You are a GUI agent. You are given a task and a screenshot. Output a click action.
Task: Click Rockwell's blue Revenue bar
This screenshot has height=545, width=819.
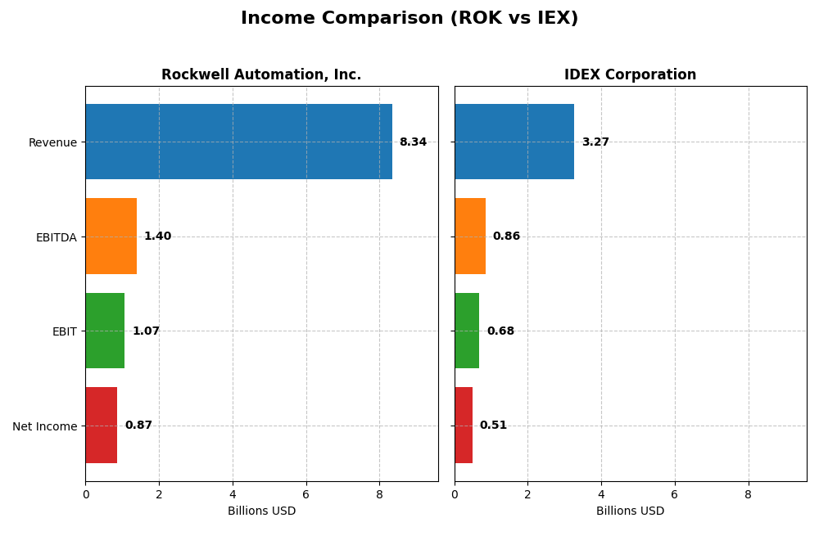coord(238,142)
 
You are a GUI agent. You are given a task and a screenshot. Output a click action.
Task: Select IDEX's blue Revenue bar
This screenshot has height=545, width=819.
coord(514,142)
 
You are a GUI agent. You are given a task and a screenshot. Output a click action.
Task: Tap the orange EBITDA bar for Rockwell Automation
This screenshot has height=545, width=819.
coord(111,236)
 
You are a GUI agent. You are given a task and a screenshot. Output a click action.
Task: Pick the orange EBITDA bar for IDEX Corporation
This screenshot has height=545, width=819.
coord(469,236)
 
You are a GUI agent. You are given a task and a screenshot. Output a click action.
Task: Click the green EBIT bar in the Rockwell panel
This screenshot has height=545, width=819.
coord(105,331)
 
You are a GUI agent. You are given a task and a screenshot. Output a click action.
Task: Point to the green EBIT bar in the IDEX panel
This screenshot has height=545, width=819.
coord(466,331)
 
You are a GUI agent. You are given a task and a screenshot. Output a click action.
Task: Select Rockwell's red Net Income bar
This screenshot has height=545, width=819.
coord(101,426)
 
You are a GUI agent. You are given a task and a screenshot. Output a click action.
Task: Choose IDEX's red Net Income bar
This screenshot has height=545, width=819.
coord(463,426)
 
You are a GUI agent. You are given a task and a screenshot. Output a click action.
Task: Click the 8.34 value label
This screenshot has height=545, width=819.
coord(413,142)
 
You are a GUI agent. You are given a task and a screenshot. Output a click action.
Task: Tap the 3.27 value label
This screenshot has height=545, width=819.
coord(595,142)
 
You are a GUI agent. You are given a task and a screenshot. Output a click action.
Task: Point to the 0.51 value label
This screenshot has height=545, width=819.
coord(493,426)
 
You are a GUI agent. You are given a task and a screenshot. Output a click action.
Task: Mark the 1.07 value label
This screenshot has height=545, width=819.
coord(146,331)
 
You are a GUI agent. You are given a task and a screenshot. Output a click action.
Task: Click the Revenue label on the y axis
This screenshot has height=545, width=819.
coord(52,143)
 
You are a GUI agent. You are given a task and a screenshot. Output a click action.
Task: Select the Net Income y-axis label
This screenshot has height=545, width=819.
coord(44,426)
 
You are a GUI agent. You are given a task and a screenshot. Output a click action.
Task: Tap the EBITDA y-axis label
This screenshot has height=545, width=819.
coord(56,237)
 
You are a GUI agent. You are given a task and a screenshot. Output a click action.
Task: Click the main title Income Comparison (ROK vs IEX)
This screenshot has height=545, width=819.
coord(409,19)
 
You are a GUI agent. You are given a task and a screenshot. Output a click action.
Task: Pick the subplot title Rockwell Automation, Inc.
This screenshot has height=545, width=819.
coord(261,75)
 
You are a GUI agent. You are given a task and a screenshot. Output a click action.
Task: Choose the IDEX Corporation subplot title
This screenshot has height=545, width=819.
coord(630,75)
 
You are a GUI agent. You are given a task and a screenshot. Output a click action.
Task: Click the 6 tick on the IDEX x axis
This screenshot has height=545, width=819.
coord(674,494)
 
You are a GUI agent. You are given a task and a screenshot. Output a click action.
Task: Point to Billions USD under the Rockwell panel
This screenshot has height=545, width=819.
coord(261,511)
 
